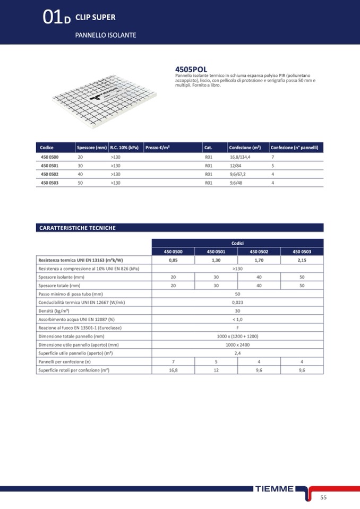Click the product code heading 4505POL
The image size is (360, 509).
(191, 70)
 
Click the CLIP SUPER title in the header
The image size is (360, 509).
(96, 17)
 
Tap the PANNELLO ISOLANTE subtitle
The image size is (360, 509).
(106, 35)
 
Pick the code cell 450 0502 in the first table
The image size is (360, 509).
(50, 174)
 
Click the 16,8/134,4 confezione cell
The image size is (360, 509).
(240, 158)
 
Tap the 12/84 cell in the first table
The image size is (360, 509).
(236, 166)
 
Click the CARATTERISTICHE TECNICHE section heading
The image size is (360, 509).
(78, 228)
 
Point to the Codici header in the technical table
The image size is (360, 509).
(237, 243)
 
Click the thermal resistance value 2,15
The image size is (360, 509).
(302, 260)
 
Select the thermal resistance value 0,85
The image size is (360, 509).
(173, 260)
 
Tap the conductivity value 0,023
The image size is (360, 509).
(237, 302)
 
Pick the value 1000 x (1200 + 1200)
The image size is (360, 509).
(237, 336)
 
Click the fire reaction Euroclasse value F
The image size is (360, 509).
(237, 327)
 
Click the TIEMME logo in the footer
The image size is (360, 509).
(274, 489)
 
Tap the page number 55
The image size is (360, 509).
(323, 497)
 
